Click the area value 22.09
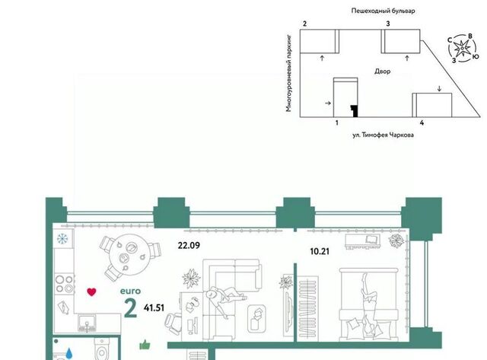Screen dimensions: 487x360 click(189, 245)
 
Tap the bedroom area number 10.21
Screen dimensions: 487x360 click(320, 251)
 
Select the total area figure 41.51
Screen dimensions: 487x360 click(154, 307)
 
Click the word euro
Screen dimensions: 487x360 click(130, 292)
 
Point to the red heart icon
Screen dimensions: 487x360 click(91, 292)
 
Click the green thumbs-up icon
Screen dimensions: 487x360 click(145, 345)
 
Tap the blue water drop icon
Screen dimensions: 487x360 click(69, 353)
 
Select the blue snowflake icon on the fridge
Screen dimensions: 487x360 click(62, 239)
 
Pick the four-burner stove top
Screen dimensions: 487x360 click(64, 284)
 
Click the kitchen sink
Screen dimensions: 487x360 click(87, 323)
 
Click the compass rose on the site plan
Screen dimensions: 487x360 click(462, 48)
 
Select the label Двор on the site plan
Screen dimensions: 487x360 click(382, 72)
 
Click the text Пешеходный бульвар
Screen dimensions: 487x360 click(383, 11)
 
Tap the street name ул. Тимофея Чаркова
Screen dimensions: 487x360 click(383, 135)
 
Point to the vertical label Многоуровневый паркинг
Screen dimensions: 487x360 click(289, 73)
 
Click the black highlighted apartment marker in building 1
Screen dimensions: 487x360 click(355, 111)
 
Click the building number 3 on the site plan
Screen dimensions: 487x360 click(388, 24)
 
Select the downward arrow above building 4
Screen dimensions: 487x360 click(439, 89)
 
